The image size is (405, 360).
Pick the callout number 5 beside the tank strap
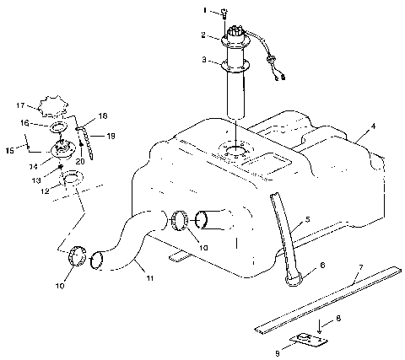coord(307,218)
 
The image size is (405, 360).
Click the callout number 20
coord(80,159)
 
